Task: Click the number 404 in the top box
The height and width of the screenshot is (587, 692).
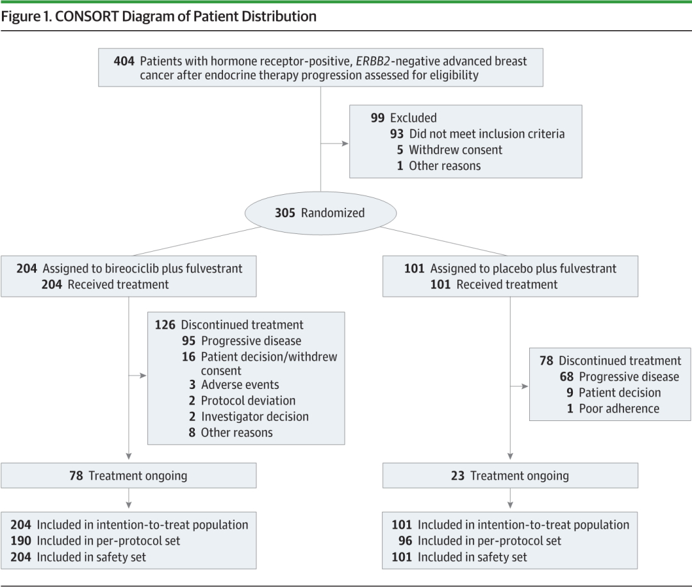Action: (124, 61)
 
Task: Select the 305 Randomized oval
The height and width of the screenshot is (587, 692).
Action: (320, 213)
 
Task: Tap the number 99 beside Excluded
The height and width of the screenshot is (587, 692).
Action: (377, 118)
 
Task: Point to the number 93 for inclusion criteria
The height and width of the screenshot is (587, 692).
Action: (397, 134)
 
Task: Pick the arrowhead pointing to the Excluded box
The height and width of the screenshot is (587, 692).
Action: (345, 144)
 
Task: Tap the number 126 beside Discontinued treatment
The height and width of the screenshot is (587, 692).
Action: (165, 325)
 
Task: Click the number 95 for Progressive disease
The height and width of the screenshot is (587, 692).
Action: (188, 341)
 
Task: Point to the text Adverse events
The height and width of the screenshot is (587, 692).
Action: (240, 385)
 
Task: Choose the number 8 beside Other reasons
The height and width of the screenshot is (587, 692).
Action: (192, 433)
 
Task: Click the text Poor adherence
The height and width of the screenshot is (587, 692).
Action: (619, 409)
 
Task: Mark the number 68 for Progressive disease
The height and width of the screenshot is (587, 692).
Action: (566, 377)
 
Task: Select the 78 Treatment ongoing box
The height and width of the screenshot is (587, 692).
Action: (128, 475)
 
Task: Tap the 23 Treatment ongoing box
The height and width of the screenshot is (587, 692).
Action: (510, 475)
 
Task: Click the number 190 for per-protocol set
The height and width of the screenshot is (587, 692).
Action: (21, 541)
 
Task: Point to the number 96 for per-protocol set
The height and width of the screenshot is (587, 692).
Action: (405, 541)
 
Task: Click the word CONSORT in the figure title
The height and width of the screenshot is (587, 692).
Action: (86, 16)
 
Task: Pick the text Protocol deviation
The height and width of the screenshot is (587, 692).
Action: (249, 401)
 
